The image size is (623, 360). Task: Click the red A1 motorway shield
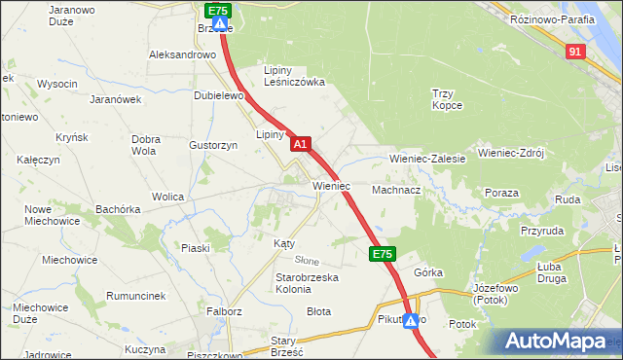pos(301,144)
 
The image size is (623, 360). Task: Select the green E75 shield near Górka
pos(382,254)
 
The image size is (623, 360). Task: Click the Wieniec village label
pos(331,185)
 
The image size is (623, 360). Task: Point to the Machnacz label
pos(395,191)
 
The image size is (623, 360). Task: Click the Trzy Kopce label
pos(451,99)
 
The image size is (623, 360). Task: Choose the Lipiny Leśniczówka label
pos(295,76)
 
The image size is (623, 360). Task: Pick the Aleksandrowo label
pos(182,55)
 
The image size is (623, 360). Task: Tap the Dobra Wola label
pos(144,145)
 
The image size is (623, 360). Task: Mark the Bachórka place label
pos(118,209)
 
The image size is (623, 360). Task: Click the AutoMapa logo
pos(559,342)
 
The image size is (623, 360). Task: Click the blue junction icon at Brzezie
pos(220,24)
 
